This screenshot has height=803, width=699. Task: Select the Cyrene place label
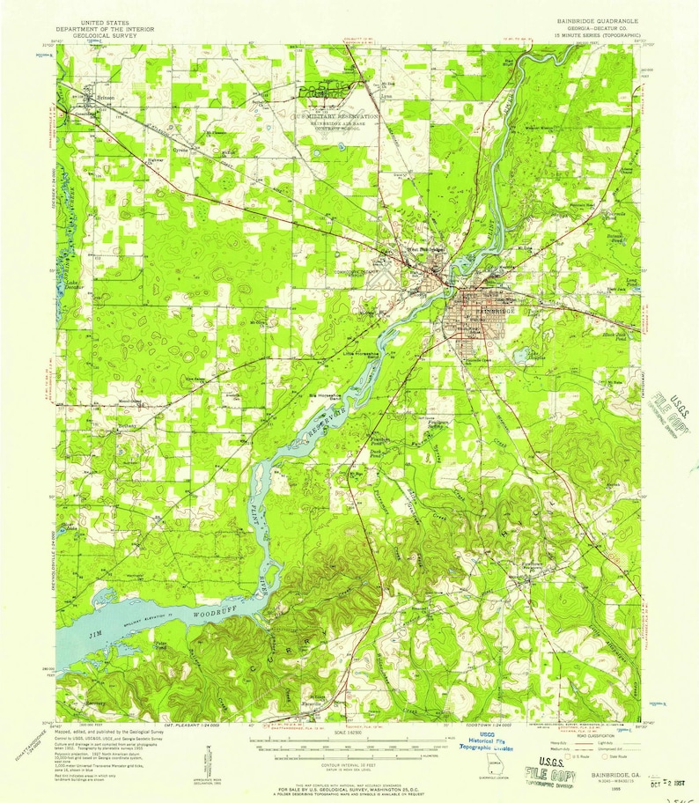(182, 138)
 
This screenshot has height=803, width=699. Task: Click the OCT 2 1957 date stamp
(672, 780)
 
